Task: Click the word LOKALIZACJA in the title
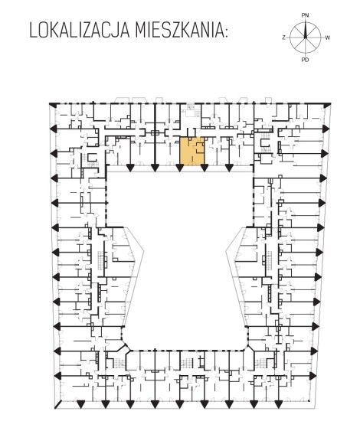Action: tap(80, 31)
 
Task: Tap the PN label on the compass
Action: tap(305, 15)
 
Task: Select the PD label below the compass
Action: tap(305, 60)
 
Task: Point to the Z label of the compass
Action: tap(283, 38)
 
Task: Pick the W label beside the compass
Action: tap(328, 38)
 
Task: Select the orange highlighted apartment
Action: tap(192, 150)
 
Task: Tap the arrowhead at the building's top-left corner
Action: tap(53, 105)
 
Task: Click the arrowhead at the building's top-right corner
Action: tap(327, 106)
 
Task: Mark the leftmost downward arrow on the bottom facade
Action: tap(81, 404)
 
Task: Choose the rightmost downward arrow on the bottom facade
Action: tap(279, 404)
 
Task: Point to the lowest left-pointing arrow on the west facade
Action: tap(58, 376)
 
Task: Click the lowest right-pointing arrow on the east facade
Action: tap(313, 376)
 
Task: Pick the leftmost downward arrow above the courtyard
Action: tap(130, 168)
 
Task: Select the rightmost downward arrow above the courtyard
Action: tap(229, 168)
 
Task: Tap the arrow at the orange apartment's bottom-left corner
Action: tap(179, 168)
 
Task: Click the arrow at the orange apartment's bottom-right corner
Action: tap(205, 168)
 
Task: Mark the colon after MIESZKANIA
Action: tap(225, 33)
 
